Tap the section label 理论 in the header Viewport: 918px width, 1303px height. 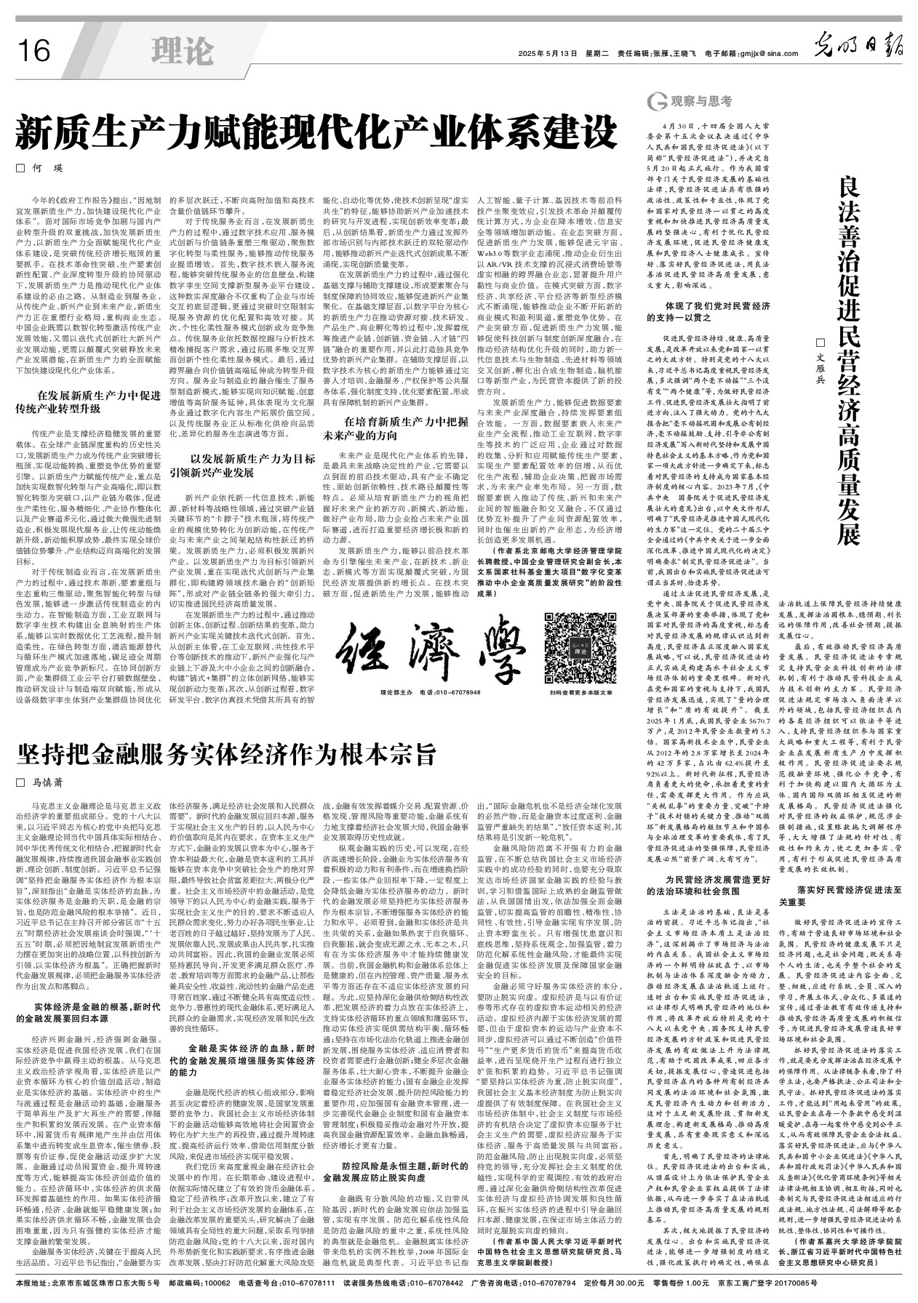tap(183, 50)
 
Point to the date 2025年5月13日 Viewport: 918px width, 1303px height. tap(547, 53)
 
